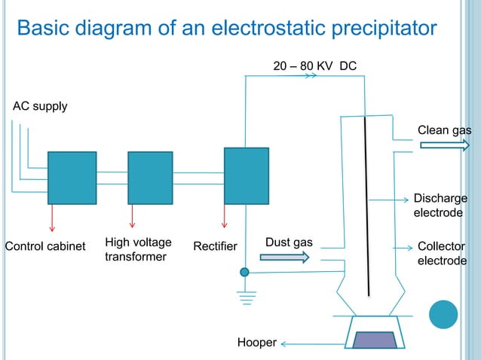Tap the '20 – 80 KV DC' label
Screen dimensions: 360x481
[314, 66]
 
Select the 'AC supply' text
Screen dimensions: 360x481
[40, 106]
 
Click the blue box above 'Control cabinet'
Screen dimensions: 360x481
[72, 178]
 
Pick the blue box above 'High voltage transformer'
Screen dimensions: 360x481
[150, 178]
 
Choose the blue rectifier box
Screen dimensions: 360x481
[247, 175]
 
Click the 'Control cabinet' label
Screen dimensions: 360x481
[45, 247]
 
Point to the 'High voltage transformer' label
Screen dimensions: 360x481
[138, 249]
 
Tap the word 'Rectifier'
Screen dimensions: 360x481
[215, 247]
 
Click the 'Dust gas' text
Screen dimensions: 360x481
[289, 243]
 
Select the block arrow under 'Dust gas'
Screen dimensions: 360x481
[284, 258]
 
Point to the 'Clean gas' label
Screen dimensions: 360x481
[444, 130]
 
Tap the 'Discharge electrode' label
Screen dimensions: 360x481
[440, 206]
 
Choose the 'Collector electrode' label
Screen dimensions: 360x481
[442, 254]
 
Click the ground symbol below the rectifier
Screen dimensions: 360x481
[245, 296]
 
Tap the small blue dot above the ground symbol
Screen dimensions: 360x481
[244, 272]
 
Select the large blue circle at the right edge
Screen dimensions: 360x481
[443, 314]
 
